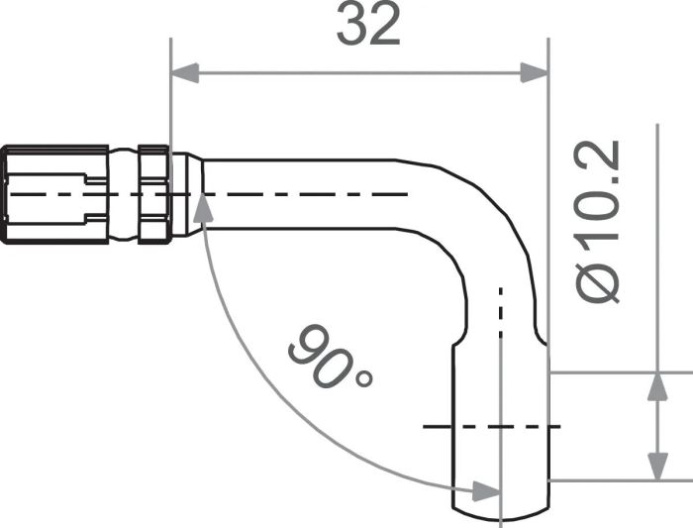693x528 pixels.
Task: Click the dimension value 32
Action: point(368,26)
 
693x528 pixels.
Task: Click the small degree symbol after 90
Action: point(363,379)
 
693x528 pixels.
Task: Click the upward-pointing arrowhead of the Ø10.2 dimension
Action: point(656,387)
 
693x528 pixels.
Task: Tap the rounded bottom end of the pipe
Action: point(500,510)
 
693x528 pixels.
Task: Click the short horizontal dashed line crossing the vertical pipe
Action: point(490,427)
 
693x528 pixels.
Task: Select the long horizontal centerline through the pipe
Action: point(297,194)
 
